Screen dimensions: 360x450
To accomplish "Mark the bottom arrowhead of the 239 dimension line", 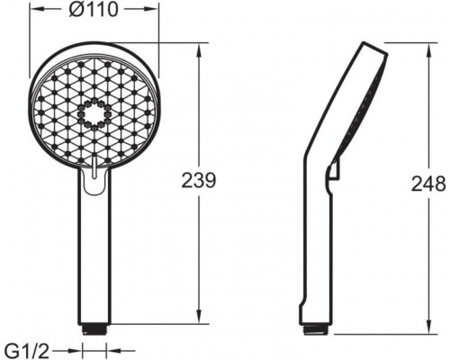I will click(198, 325).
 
